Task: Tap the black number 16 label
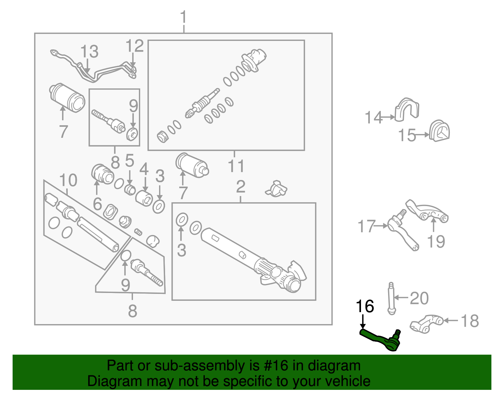coord(365,306)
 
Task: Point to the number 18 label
coord(469,321)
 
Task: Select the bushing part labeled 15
coord(439,131)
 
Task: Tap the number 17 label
coord(367,227)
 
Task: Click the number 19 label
coord(436,242)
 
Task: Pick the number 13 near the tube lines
coord(89,52)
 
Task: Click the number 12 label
coord(135,46)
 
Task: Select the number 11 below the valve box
coord(236,166)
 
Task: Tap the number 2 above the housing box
coord(241,187)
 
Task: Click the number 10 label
coord(68,181)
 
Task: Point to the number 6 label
coord(97,204)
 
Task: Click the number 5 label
coord(129,161)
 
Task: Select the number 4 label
coord(144,170)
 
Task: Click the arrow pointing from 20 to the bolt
coord(401,297)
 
